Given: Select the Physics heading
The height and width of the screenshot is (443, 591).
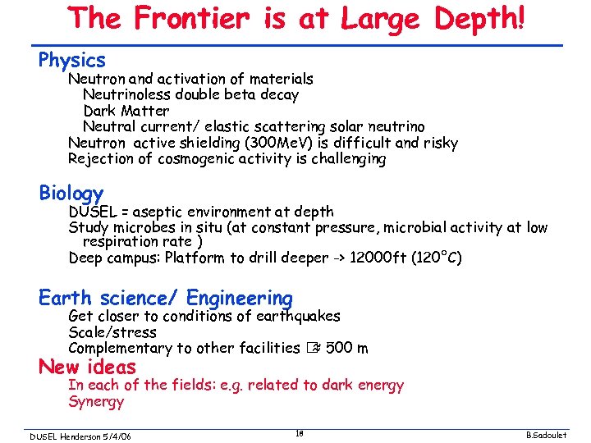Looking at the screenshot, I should (72, 60).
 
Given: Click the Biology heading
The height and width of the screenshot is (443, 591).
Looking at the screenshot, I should (71, 193).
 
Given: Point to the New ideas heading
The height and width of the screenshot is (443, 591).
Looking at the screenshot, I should (87, 367).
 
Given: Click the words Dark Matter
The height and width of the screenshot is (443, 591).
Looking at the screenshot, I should (126, 111).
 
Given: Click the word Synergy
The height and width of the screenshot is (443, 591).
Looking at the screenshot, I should (96, 401).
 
